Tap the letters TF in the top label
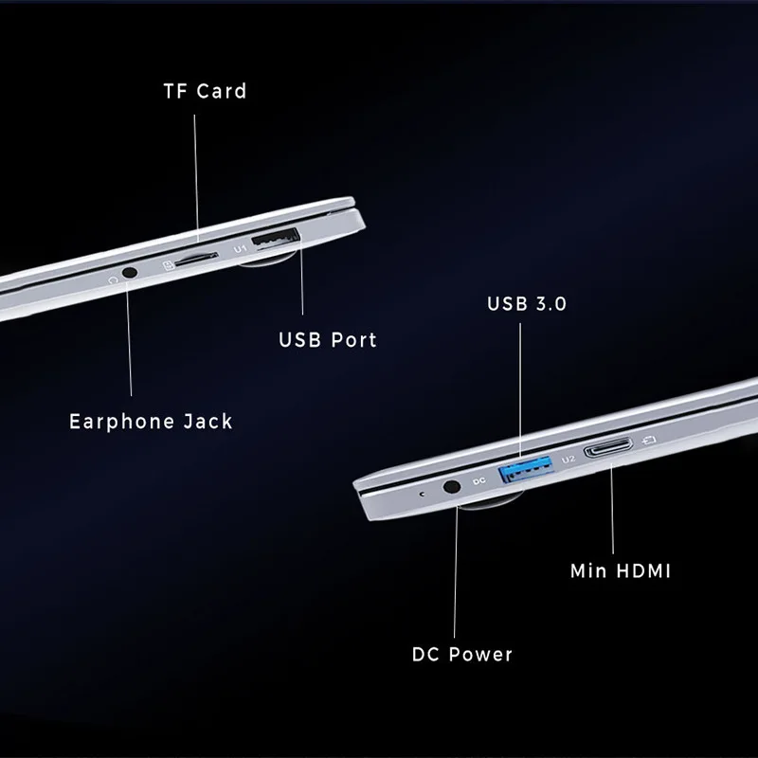tap(175, 91)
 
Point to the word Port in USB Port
tap(352, 339)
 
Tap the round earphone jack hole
tap(130, 271)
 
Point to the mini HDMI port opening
tap(608, 450)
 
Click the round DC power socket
tap(452, 487)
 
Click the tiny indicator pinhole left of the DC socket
tap(422, 494)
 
